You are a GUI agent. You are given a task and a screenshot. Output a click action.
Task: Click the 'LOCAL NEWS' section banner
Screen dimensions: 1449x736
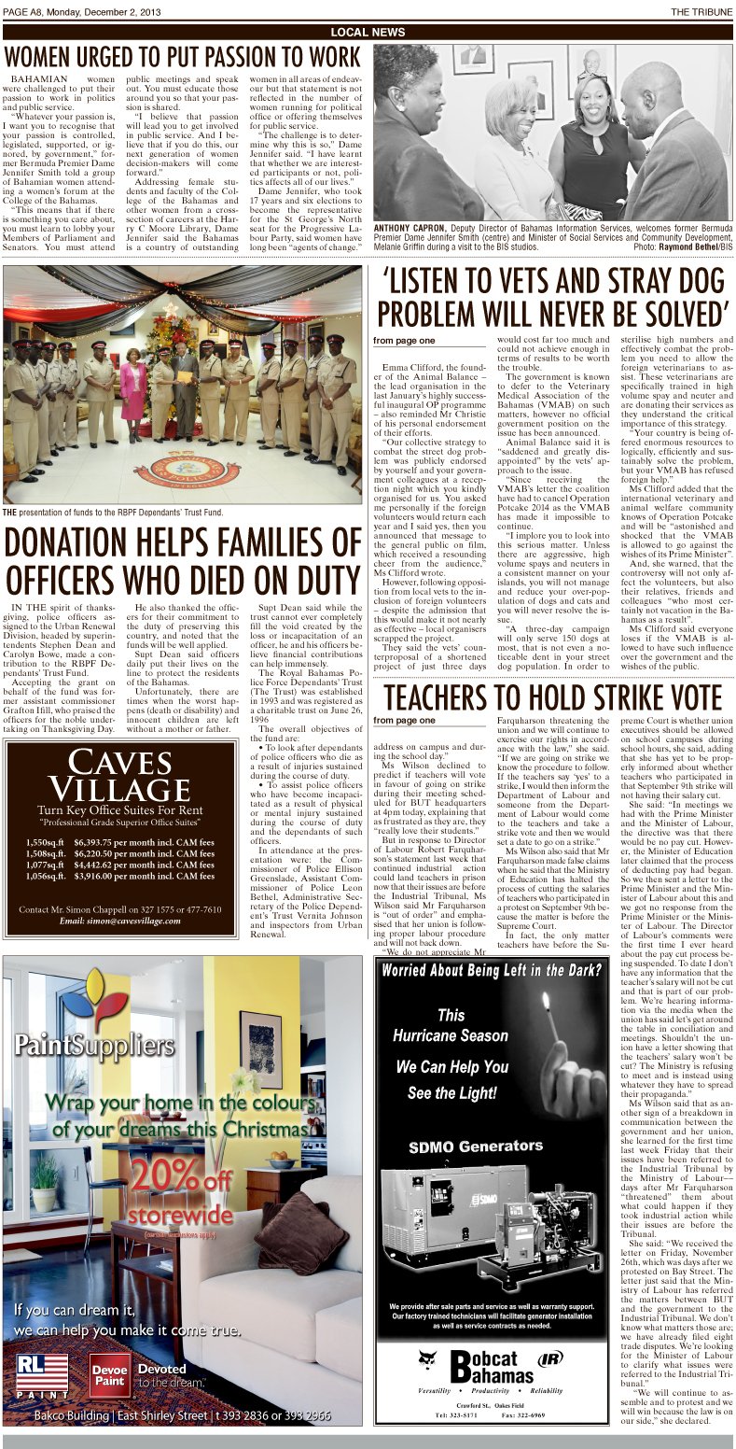(x=368, y=33)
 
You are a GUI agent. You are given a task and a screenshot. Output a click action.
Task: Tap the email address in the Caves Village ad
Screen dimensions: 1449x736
(x=120, y=921)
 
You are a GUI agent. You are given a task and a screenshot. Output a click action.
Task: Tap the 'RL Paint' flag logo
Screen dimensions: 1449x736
(x=42, y=1376)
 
